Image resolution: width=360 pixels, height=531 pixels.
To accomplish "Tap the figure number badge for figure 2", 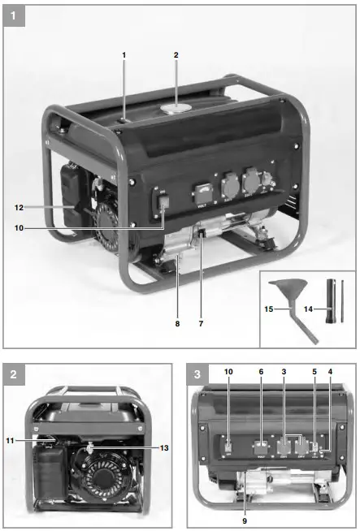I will point(14,374).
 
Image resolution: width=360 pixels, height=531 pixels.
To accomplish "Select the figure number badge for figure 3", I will point(198,374).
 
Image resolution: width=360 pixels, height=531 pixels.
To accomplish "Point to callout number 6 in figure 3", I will point(260,394).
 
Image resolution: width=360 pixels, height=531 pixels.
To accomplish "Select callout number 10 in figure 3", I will point(228,394).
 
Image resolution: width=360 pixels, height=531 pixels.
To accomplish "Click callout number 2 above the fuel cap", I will point(176,54).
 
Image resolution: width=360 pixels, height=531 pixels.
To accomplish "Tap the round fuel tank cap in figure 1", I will point(176,107).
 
